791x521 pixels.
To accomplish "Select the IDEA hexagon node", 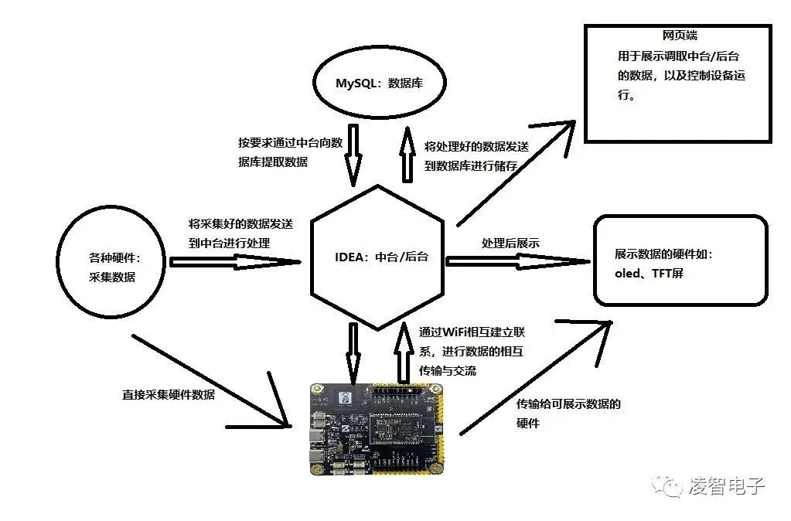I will (377, 257).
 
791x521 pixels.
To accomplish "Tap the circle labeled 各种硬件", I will (111, 264).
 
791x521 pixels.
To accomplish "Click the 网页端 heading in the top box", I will (680, 36).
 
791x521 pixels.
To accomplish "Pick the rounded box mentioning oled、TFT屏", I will (680, 260).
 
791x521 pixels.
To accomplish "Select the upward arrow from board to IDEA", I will (403, 352).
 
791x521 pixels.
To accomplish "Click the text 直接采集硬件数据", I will (169, 394).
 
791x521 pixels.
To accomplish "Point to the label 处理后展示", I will (510, 243).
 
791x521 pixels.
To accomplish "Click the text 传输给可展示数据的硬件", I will (568, 414).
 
